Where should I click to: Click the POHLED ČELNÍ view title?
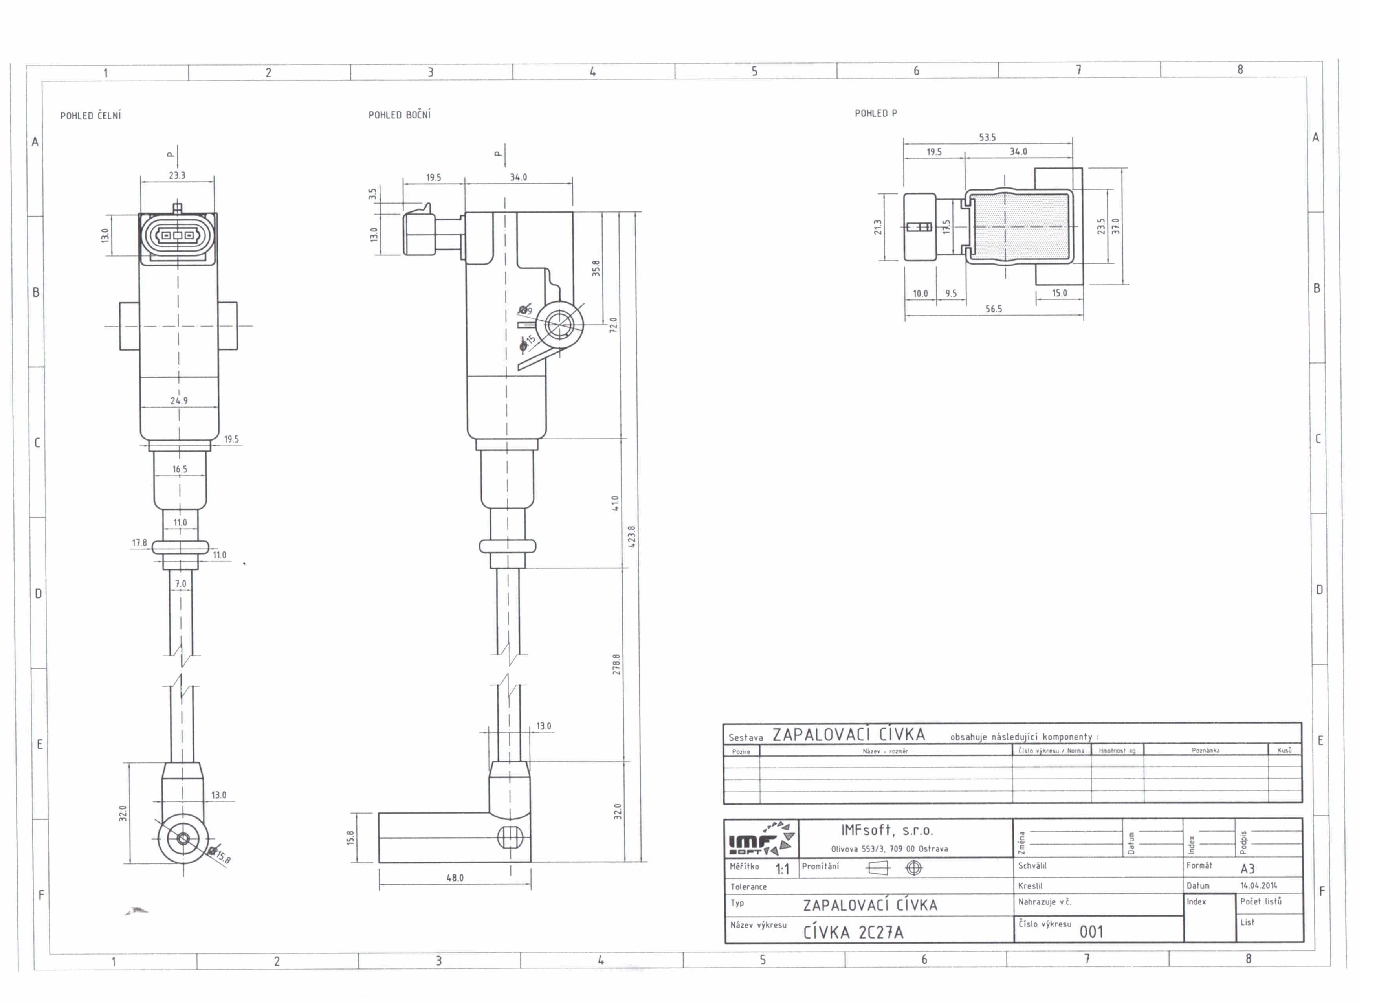[x=91, y=116]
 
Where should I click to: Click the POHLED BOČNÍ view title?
[x=400, y=115]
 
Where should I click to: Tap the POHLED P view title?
[x=876, y=113]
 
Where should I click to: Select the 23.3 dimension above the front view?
[x=177, y=175]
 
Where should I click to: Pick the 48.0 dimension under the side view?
[x=455, y=878]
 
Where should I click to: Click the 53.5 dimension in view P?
[x=987, y=138]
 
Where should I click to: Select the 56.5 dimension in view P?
[x=994, y=309]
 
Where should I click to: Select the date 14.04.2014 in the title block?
[x=1259, y=885]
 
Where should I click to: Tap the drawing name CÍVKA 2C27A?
[x=853, y=932]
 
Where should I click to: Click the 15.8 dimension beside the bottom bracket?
[x=350, y=838]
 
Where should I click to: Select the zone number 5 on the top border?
[x=755, y=71]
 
